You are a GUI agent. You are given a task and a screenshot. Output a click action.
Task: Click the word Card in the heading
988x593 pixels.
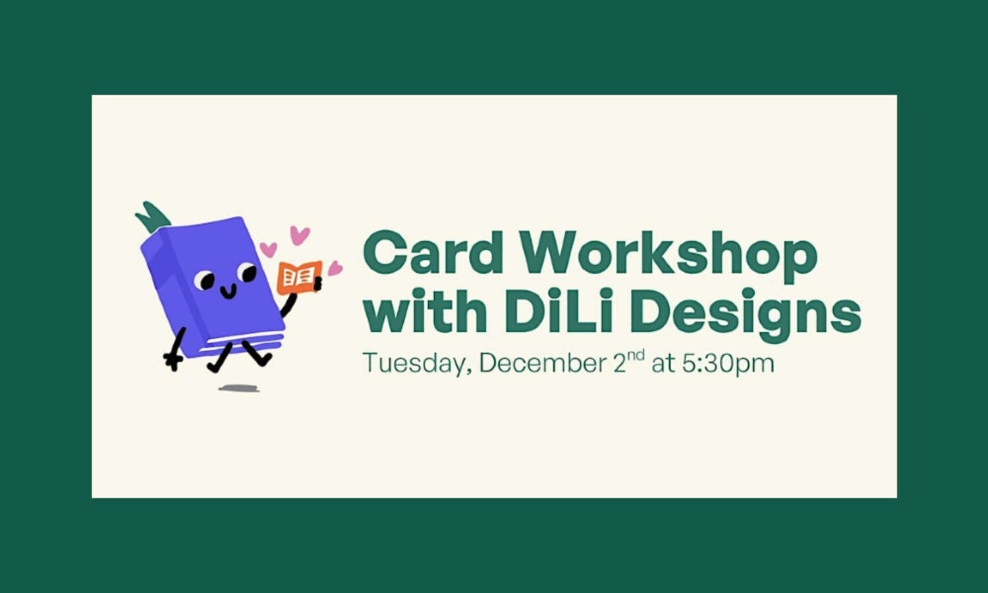click(433, 253)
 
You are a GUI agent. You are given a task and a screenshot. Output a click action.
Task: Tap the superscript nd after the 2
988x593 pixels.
click(636, 355)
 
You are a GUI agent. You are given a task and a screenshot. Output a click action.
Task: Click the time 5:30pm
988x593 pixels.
click(728, 364)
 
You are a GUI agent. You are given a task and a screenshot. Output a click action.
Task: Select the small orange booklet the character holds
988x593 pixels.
click(300, 277)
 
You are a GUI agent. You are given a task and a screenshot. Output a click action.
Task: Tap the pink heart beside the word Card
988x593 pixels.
click(335, 268)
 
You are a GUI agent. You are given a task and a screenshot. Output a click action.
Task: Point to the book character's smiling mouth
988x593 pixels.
click(229, 292)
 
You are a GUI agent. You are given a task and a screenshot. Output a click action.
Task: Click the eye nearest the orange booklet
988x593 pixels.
click(247, 271)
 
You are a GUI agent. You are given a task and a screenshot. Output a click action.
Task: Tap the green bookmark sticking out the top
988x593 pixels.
click(153, 217)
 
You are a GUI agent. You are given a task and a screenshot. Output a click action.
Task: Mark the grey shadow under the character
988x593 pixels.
click(238, 388)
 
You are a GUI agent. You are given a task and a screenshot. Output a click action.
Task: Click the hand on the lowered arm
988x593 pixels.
click(173, 360)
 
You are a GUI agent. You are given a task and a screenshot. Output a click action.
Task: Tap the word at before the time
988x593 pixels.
click(663, 364)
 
